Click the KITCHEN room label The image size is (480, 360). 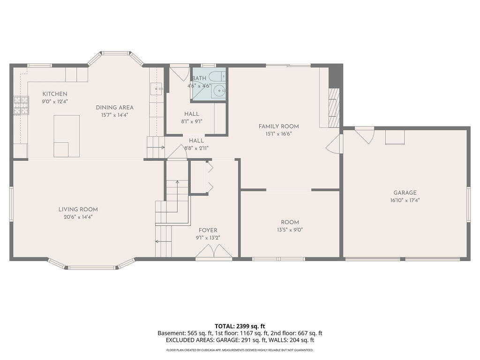[x=55, y=94]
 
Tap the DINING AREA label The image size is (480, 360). [x=115, y=107]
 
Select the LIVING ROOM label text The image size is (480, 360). [x=78, y=209]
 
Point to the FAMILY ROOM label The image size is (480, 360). [x=278, y=126]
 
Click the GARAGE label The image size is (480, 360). [x=405, y=193]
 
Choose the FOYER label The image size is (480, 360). [x=208, y=230]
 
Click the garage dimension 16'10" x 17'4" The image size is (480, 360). [x=405, y=200]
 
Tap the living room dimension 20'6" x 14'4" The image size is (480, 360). [x=78, y=217]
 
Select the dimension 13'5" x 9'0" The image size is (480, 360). [x=290, y=230]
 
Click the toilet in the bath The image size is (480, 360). [x=217, y=76]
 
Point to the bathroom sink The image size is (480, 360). [x=217, y=91]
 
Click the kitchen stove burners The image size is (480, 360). [x=21, y=105]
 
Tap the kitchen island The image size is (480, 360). [x=66, y=135]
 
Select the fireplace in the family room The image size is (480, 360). [x=333, y=108]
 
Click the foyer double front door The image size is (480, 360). [x=214, y=253]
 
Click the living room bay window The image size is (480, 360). [x=91, y=266]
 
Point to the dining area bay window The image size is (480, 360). [x=115, y=54]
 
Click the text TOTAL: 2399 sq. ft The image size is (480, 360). [x=240, y=326]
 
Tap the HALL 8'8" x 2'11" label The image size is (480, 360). [x=196, y=144]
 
